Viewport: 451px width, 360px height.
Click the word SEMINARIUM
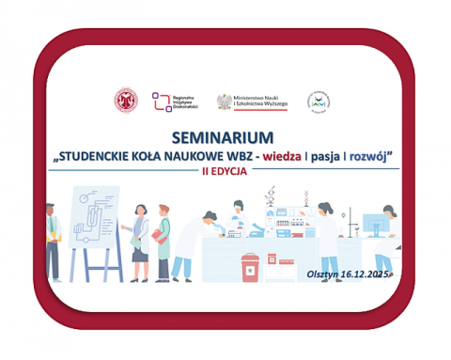click(225, 136)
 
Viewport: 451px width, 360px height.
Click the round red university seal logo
click(124, 102)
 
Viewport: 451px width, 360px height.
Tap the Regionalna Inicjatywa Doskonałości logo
click(175, 102)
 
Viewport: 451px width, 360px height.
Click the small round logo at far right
click(321, 102)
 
